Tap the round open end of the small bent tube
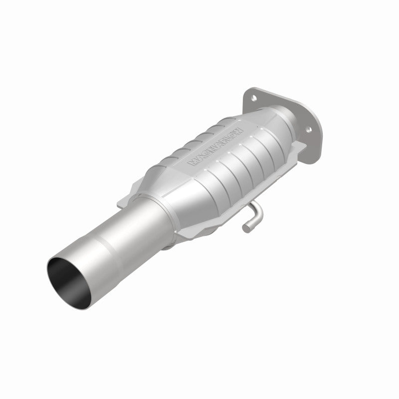coord(246,228)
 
